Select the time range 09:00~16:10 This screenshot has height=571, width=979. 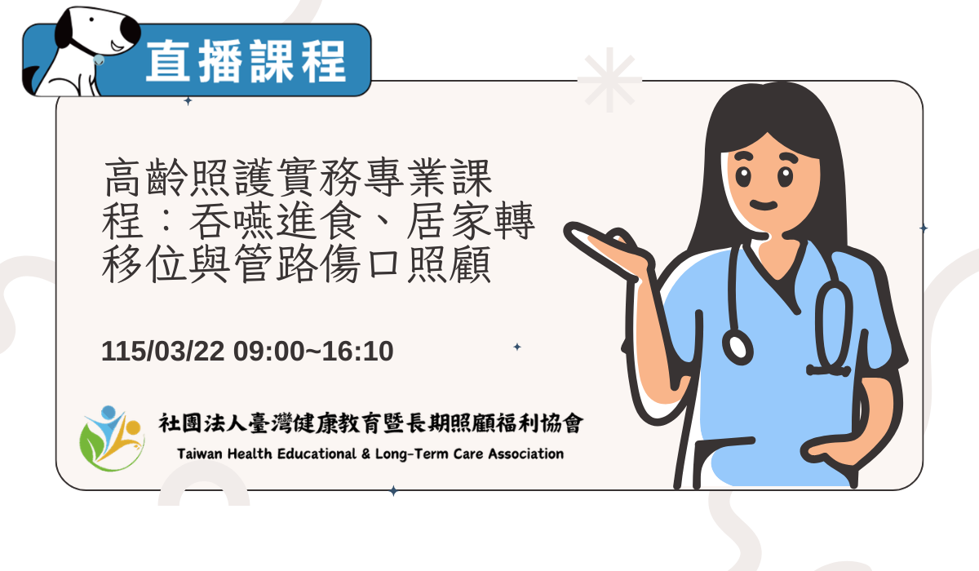pos(313,352)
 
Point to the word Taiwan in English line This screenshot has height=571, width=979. pos(200,454)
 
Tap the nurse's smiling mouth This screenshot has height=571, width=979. pos(764,204)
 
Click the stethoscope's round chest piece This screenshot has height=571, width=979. pos(738,346)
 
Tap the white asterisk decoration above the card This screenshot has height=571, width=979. pos(609,80)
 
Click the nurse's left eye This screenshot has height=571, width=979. pos(743,175)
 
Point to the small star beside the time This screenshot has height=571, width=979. pos(516,347)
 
